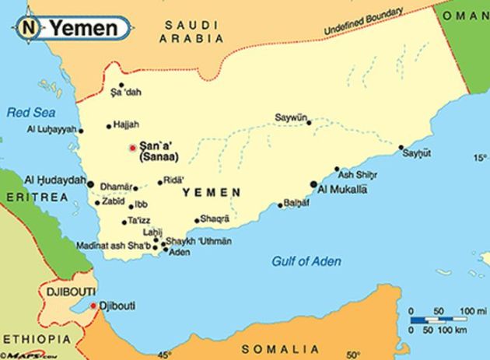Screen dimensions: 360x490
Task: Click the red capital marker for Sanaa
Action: click(132, 147)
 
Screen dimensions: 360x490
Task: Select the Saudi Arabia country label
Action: click(191, 33)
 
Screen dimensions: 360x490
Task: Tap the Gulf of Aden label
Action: click(306, 261)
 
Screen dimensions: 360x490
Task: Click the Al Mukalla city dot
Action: click(313, 184)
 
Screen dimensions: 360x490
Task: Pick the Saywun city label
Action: click(289, 117)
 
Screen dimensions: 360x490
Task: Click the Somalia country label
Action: click(272, 349)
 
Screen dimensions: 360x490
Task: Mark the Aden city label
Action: click(180, 252)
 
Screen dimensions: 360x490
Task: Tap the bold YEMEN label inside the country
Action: click(211, 192)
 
